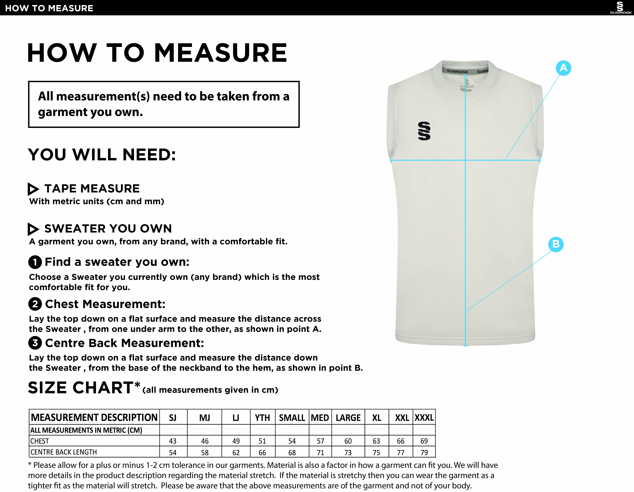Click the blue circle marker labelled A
[x=563, y=68]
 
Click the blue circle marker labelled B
[x=556, y=244]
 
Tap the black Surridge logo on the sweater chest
[x=424, y=131]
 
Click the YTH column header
[x=262, y=418]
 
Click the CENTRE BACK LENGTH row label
[x=64, y=452]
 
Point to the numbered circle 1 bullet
[x=35, y=262]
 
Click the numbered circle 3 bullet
[x=35, y=343]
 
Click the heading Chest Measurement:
[x=105, y=304]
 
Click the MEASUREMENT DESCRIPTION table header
[x=94, y=418]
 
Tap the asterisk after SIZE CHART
[x=137, y=385]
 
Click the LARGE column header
[x=348, y=418]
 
